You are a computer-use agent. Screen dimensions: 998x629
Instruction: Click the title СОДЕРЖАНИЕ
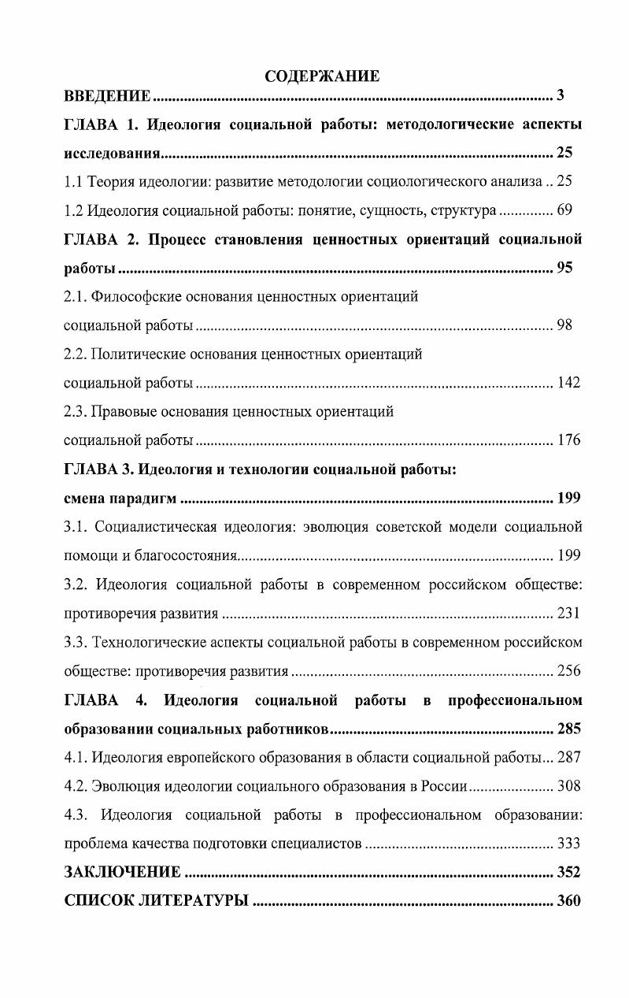click(322, 76)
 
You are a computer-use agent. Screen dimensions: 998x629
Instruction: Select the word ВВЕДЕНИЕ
click(107, 96)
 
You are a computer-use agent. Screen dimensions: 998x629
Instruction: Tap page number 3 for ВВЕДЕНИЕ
click(561, 96)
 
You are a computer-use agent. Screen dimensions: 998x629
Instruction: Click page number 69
click(564, 210)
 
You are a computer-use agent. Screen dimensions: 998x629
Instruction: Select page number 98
click(564, 325)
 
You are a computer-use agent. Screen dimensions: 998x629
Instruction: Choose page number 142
click(568, 383)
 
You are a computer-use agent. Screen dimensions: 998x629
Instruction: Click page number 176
click(568, 440)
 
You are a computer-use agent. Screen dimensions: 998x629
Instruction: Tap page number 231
click(568, 613)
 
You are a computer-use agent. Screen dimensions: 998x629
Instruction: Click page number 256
click(568, 671)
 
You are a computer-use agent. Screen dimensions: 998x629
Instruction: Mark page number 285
click(568, 728)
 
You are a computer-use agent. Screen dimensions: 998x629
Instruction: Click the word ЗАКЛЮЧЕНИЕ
click(122, 872)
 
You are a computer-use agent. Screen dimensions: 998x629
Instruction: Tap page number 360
click(568, 900)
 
